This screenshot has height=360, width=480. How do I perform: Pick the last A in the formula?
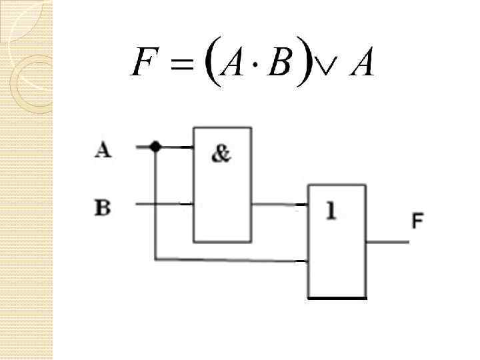click(x=360, y=62)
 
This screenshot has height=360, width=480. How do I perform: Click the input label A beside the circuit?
click(x=103, y=150)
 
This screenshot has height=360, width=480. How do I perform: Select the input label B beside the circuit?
click(x=103, y=207)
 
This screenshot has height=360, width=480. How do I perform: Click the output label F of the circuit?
click(x=418, y=221)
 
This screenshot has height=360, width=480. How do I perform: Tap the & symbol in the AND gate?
click(x=221, y=154)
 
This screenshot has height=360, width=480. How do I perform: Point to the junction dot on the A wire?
click(x=155, y=147)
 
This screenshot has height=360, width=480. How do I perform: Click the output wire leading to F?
click(x=387, y=241)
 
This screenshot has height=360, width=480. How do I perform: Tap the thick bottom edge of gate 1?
click(x=337, y=298)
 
